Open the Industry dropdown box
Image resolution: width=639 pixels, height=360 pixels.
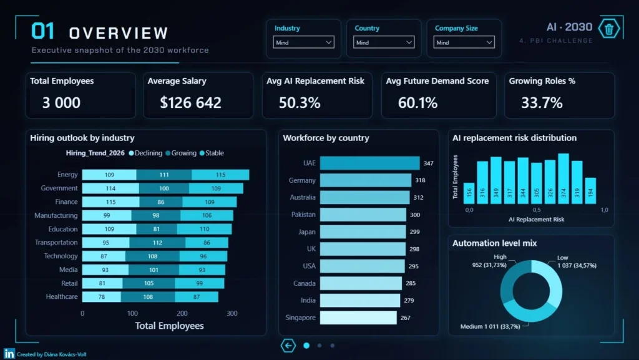(304, 42)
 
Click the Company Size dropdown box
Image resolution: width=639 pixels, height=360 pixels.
(464, 42)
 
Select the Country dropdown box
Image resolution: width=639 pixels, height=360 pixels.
(384, 42)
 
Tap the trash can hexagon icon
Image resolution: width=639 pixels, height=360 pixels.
(609, 29)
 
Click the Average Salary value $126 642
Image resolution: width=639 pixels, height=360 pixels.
(191, 102)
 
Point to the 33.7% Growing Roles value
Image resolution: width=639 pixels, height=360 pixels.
(542, 102)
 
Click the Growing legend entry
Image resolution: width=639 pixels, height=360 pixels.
(181, 153)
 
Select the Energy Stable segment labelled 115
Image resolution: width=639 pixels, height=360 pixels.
(220, 175)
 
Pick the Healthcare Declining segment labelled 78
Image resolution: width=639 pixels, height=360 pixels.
(102, 297)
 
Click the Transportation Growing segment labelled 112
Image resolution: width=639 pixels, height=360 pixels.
(157, 243)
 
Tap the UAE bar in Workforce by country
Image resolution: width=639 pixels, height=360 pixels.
(369, 163)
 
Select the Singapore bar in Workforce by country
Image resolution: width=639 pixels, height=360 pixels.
(358, 318)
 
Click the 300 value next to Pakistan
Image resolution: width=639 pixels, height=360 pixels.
(415, 215)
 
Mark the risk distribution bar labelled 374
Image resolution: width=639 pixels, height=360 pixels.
(563, 179)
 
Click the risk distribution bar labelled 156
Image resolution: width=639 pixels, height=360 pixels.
(469, 193)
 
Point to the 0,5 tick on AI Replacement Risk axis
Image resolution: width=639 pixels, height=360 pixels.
(537, 210)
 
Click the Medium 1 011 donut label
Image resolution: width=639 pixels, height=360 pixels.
(490, 326)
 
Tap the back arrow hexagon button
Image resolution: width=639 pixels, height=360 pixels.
(288, 346)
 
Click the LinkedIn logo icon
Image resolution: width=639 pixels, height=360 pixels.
(9, 354)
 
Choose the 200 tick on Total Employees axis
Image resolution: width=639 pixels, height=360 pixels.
(182, 313)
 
